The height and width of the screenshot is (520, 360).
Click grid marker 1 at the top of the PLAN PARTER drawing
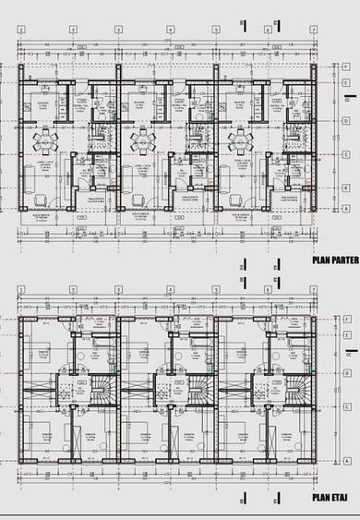pyautogui.click(x=20, y=29)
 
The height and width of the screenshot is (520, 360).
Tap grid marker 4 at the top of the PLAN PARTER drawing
pyautogui.click(x=170, y=29)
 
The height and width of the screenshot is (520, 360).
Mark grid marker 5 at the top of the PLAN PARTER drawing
pyautogui.click(x=216, y=29)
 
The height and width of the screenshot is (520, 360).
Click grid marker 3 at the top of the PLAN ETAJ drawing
pyautogui.click(x=118, y=289)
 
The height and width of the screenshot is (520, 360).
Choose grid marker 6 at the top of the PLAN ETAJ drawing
pyautogui.click(x=267, y=289)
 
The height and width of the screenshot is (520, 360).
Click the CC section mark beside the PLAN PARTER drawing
pyautogui.click(x=347, y=97)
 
